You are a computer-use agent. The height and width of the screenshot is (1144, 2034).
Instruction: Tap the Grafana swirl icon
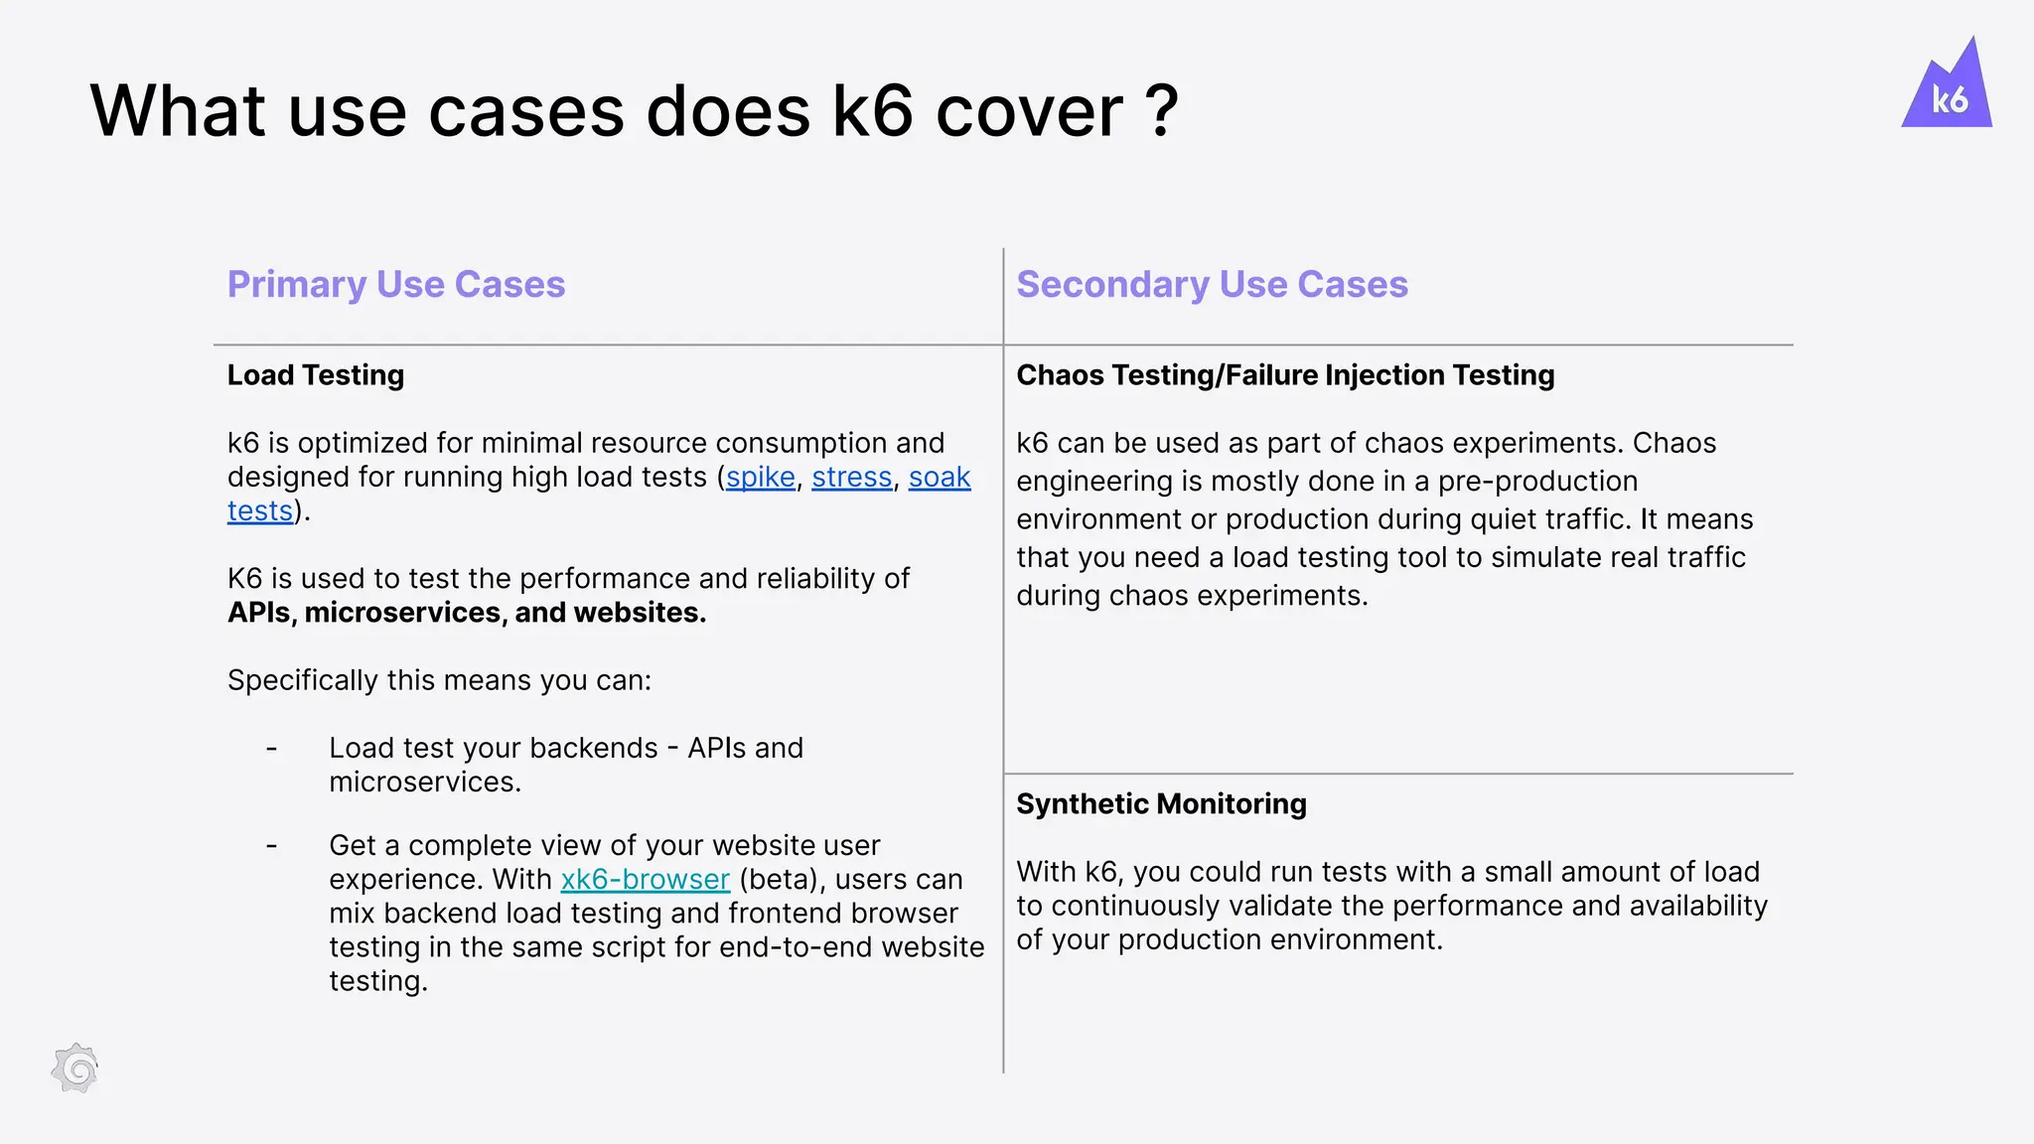tap(75, 1069)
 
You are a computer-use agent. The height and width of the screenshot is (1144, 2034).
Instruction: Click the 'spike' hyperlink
tap(761, 478)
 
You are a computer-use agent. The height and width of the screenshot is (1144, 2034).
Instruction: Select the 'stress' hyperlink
tap(852, 478)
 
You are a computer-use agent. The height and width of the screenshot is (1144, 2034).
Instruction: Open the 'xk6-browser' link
tap(646, 880)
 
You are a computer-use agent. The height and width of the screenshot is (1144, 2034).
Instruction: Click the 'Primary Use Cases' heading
tap(396, 285)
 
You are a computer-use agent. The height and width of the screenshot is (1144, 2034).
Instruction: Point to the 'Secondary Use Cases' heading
tap(1212, 285)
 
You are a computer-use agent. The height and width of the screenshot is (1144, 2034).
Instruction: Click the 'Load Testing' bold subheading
tap(316, 375)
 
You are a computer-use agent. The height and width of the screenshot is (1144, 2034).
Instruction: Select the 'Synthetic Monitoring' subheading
tap(1161, 804)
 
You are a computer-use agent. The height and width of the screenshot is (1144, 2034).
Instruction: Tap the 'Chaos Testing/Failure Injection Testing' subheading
tap(1285, 375)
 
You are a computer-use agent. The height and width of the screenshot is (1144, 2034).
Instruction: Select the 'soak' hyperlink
tap(940, 478)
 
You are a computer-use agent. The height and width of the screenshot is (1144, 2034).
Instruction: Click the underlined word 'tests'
tap(260, 511)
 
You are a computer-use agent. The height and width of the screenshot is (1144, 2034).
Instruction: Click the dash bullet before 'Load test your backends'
tap(271, 749)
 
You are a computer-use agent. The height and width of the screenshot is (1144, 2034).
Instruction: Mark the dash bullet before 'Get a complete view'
tap(271, 846)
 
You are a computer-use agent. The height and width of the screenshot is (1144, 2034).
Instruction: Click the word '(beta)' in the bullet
tap(782, 880)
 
